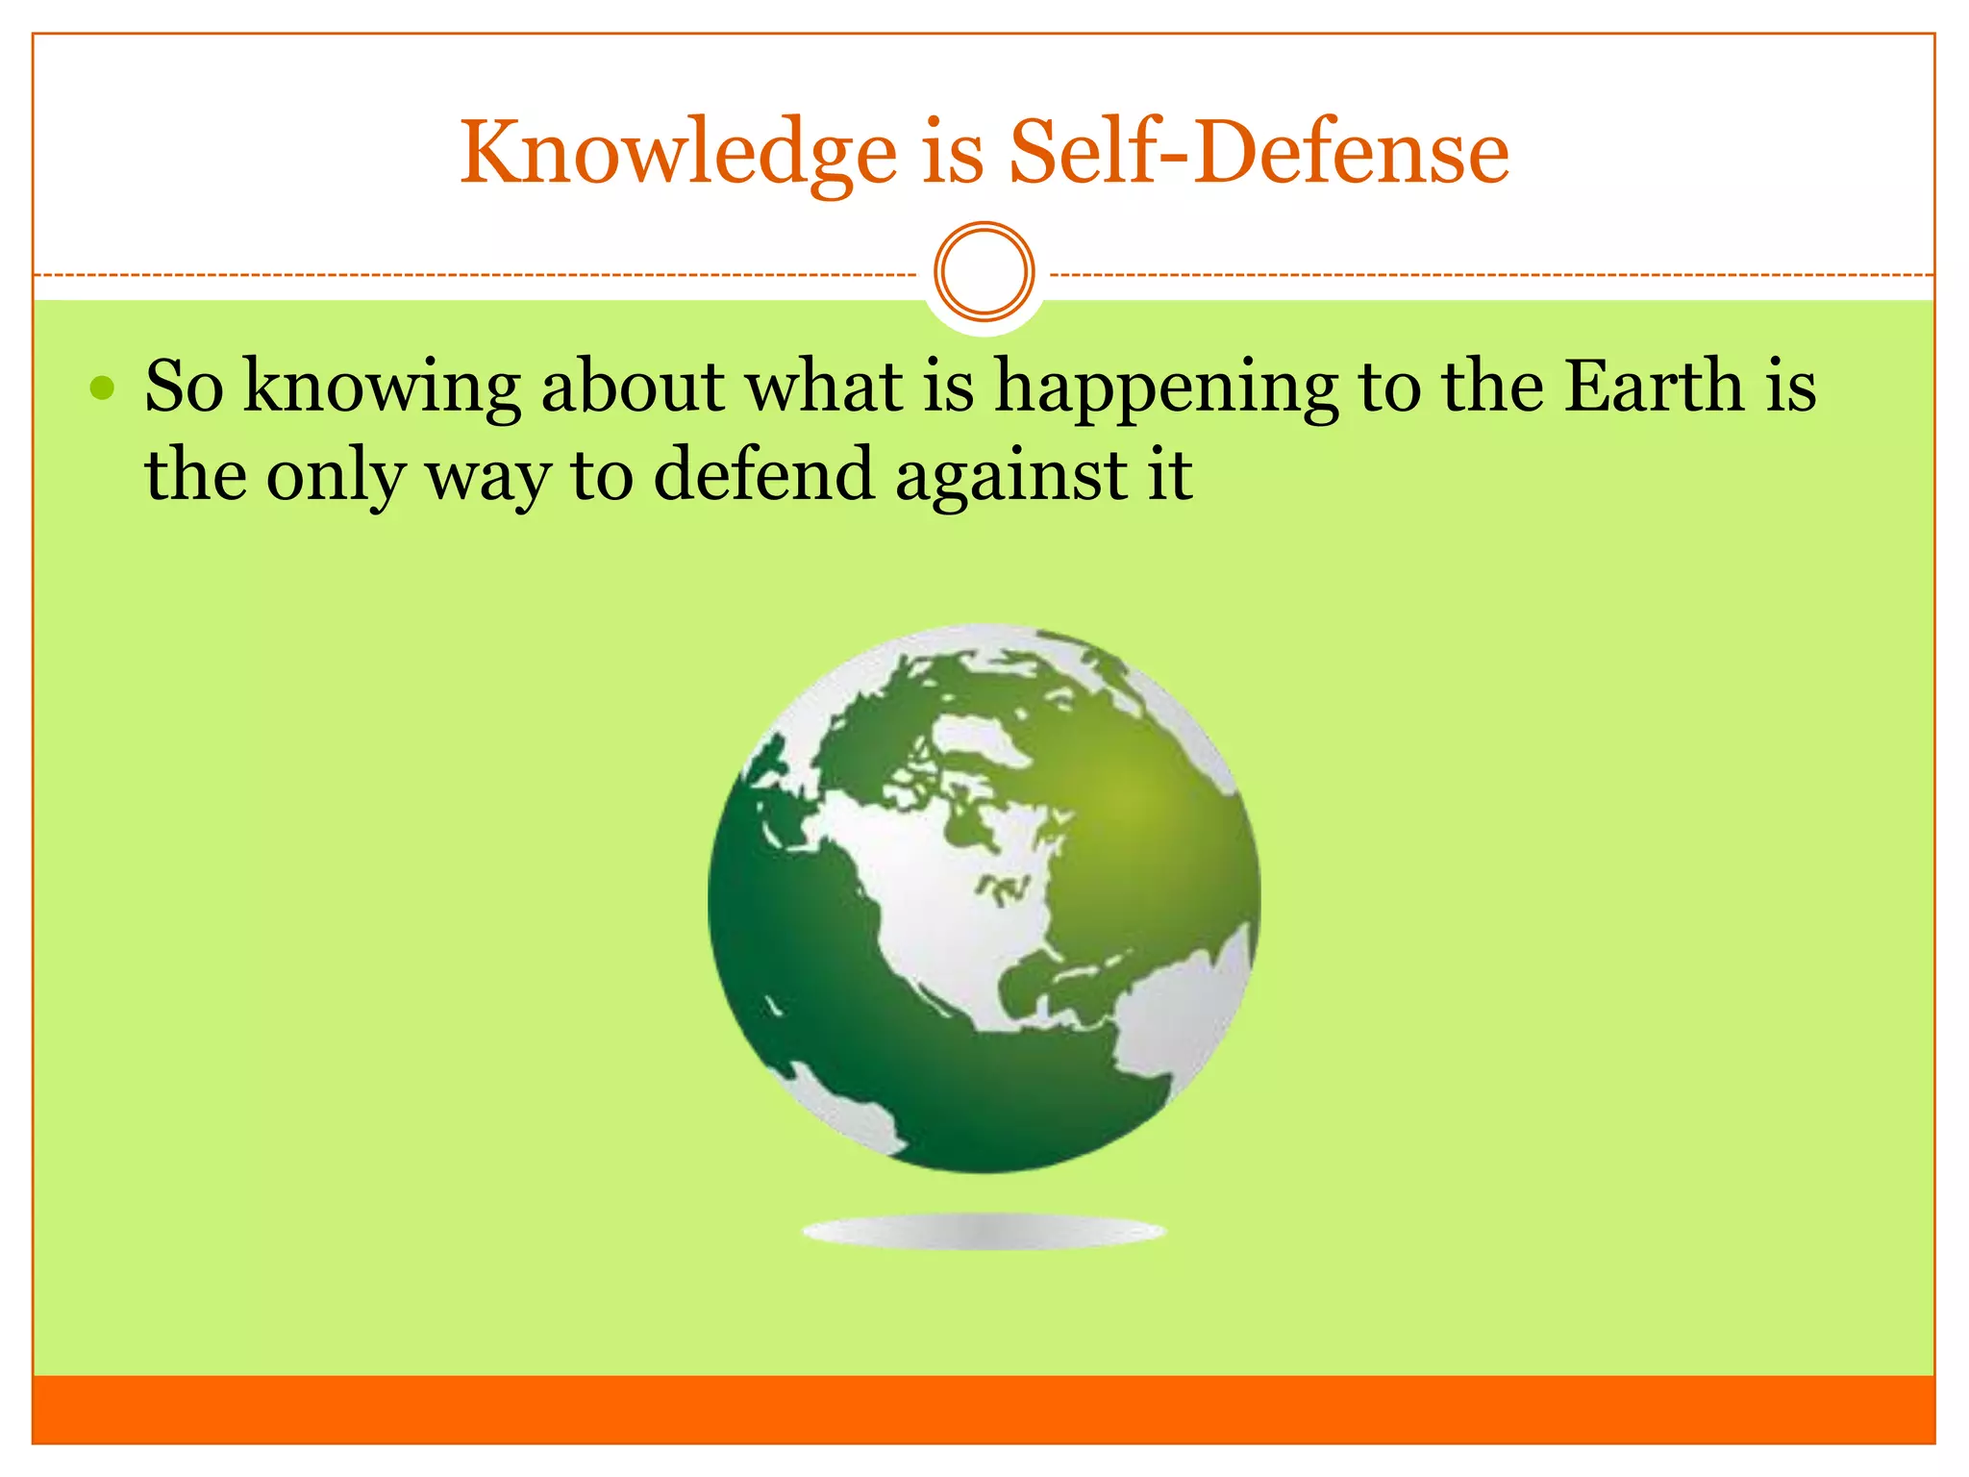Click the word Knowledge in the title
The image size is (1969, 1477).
coord(678,154)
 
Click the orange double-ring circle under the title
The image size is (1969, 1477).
coord(984,272)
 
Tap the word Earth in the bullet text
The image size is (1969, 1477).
coord(1654,386)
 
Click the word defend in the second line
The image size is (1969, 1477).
coord(763,474)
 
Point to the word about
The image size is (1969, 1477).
coord(633,386)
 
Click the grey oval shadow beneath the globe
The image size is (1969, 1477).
coord(984,1232)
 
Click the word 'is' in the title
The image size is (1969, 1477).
coord(953,154)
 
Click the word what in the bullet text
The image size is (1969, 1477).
coord(825,386)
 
